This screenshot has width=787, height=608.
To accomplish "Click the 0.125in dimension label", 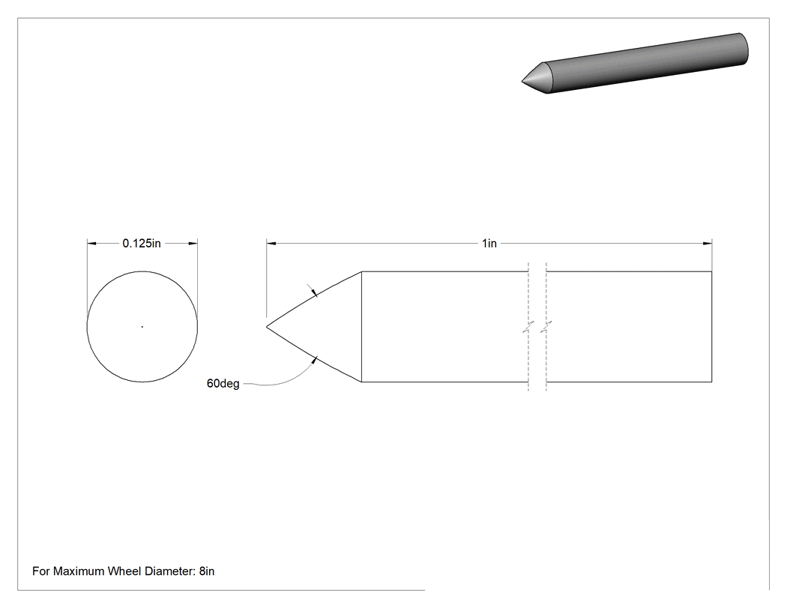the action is [x=142, y=244].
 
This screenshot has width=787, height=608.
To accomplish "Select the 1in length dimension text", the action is [x=489, y=244].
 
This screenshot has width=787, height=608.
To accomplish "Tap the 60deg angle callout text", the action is [x=223, y=384].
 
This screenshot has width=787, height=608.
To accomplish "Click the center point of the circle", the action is [x=142, y=327].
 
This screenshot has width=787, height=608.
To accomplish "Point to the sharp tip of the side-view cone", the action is [x=267, y=327].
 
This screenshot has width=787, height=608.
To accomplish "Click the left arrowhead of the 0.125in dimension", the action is [x=92, y=244].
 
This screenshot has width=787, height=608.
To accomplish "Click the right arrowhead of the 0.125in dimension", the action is [x=193, y=244].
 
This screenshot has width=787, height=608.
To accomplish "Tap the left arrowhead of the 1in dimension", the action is [x=271, y=244].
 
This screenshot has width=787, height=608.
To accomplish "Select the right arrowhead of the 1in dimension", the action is [x=708, y=244].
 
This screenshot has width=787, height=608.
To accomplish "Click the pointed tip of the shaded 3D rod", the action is [x=522, y=80].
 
